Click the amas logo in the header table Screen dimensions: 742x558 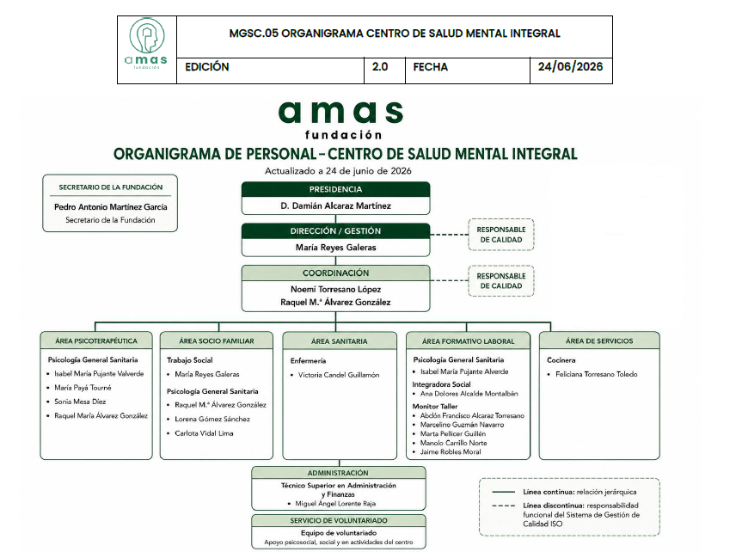pos(147,44)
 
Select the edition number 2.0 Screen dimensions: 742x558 pos(380,67)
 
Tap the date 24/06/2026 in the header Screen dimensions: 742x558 pos(570,67)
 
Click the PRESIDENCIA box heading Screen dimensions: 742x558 pos(335,189)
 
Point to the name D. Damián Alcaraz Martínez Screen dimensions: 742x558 pos(335,205)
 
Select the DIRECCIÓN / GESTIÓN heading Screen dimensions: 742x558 pos(335,231)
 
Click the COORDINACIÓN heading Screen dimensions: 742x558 pos(335,273)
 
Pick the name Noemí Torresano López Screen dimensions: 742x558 pos(335,289)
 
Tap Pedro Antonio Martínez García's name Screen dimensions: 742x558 pos(110,207)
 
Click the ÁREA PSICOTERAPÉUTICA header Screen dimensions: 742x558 pos(96,340)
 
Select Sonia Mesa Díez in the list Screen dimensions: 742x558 pos(80,402)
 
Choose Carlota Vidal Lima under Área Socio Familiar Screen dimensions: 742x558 pos(204,433)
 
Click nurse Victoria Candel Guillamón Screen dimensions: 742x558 pos(339,375)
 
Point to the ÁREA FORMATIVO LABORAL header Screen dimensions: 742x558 pos(468,340)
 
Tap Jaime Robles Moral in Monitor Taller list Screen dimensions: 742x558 pos(451,452)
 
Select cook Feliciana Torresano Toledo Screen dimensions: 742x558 pos(596,374)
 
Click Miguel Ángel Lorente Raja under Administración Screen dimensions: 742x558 pos(335,504)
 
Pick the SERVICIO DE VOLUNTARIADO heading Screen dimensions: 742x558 pos(339,521)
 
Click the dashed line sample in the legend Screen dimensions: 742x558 pos(504,506)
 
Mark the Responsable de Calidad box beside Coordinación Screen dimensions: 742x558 pos(501,280)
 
